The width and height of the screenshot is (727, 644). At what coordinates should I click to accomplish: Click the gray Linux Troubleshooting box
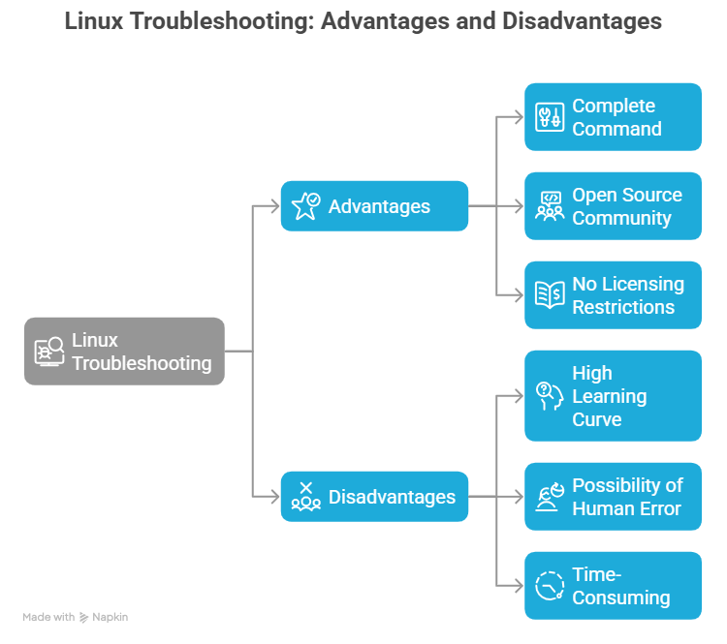(x=124, y=352)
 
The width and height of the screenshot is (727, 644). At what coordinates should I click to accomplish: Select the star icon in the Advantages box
(x=305, y=205)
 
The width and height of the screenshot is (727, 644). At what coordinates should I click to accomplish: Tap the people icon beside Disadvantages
(x=305, y=497)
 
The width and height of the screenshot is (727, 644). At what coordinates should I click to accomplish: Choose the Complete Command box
(x=613, y=117)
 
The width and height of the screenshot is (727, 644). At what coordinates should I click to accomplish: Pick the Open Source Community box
(x=613, y=206)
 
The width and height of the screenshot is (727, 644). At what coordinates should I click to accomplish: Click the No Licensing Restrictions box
(x=613, y=295)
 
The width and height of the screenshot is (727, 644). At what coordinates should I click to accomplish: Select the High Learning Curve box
(x=613, y=396)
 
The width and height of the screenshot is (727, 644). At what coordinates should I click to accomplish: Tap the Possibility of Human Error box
(x=613, y=497)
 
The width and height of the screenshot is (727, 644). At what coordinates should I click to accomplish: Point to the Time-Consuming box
(x=613, y=586)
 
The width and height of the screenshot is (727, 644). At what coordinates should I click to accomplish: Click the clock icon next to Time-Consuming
(x=550, y=586)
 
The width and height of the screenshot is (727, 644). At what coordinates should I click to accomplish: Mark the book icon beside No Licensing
(x=550, y=295)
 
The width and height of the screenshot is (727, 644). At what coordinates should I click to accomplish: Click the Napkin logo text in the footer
(x=110, y=617)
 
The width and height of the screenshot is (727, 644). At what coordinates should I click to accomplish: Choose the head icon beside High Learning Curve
(x=550, y=396)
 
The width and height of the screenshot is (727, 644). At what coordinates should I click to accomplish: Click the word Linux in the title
(x=92, y=21)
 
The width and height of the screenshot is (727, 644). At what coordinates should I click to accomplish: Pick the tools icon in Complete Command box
(x=550, y=117)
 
